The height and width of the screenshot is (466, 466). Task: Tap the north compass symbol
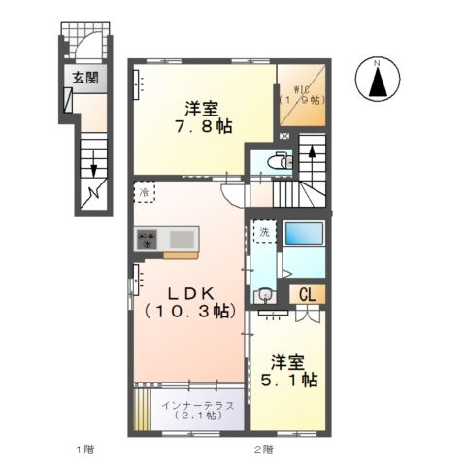(377, 80)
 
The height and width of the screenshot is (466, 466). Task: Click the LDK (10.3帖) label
(187, 302)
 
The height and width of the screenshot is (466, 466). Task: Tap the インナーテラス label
(190, 409)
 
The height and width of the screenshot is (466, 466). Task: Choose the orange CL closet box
(307, 294)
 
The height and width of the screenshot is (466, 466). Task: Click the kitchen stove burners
(148, 238)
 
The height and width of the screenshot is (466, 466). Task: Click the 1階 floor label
(85, 449)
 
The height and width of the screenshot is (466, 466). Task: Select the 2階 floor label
(264, 449)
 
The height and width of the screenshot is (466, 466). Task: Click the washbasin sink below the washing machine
(262, 295)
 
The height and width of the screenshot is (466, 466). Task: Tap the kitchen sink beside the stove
(182, 238)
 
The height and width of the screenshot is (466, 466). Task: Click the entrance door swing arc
(89, 46)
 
